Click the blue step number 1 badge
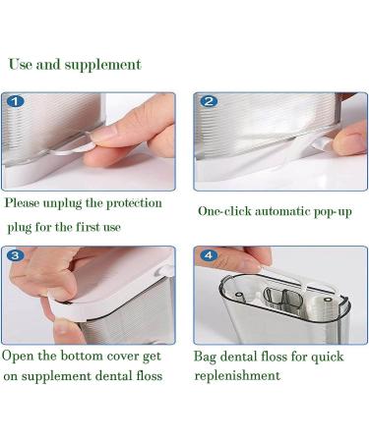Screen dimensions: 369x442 (16, 101)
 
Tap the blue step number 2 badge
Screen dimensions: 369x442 (209, 101)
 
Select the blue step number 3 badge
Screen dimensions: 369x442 (16, 254)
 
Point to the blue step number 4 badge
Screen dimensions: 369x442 (209, 254)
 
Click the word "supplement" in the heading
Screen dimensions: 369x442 (103, 65)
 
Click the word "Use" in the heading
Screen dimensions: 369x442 (20, 64)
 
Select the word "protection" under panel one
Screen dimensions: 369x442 (135, 203)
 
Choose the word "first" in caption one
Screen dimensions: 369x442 (88, 227)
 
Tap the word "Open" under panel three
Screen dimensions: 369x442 (18, 357)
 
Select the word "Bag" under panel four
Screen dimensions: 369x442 (205, 357)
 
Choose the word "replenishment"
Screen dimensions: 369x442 (237, 376)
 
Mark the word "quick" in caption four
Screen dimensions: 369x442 (327, 357)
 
